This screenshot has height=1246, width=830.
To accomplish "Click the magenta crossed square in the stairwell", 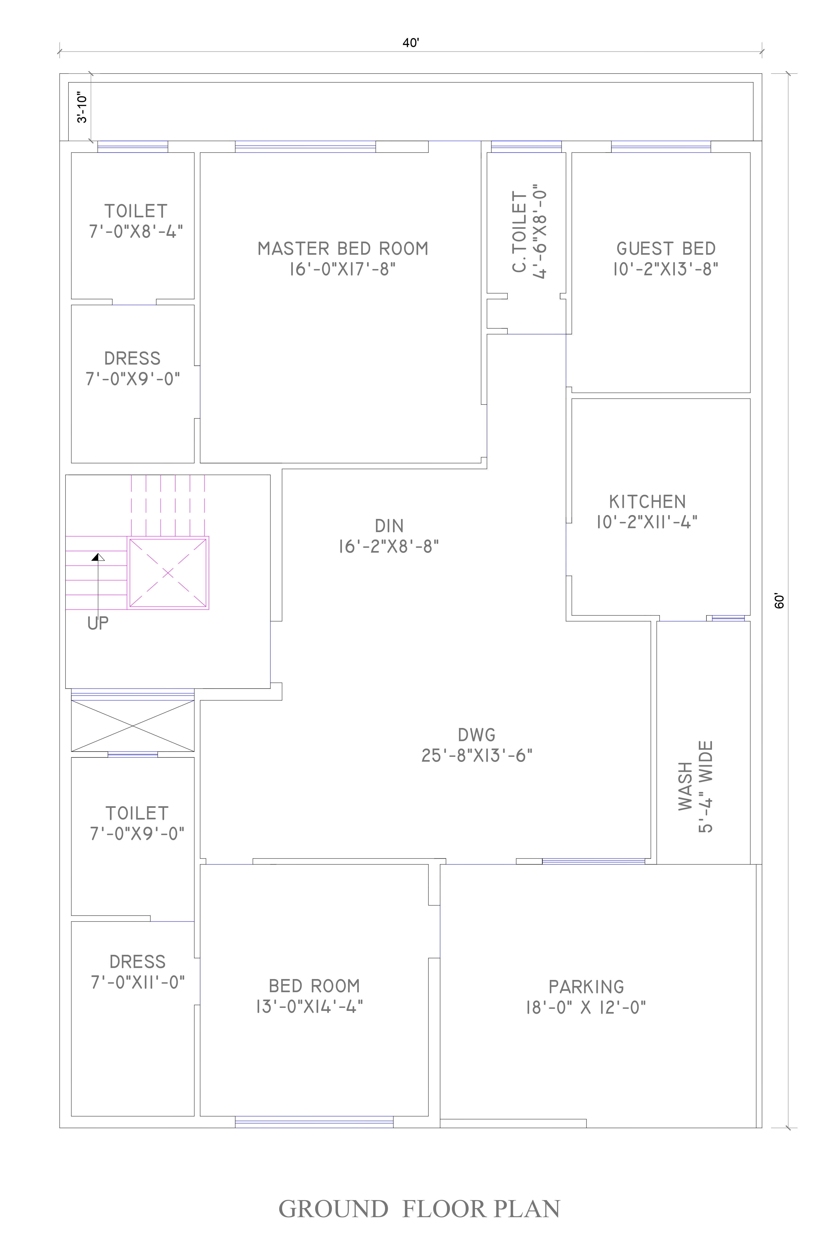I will (x=168, y=573).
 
